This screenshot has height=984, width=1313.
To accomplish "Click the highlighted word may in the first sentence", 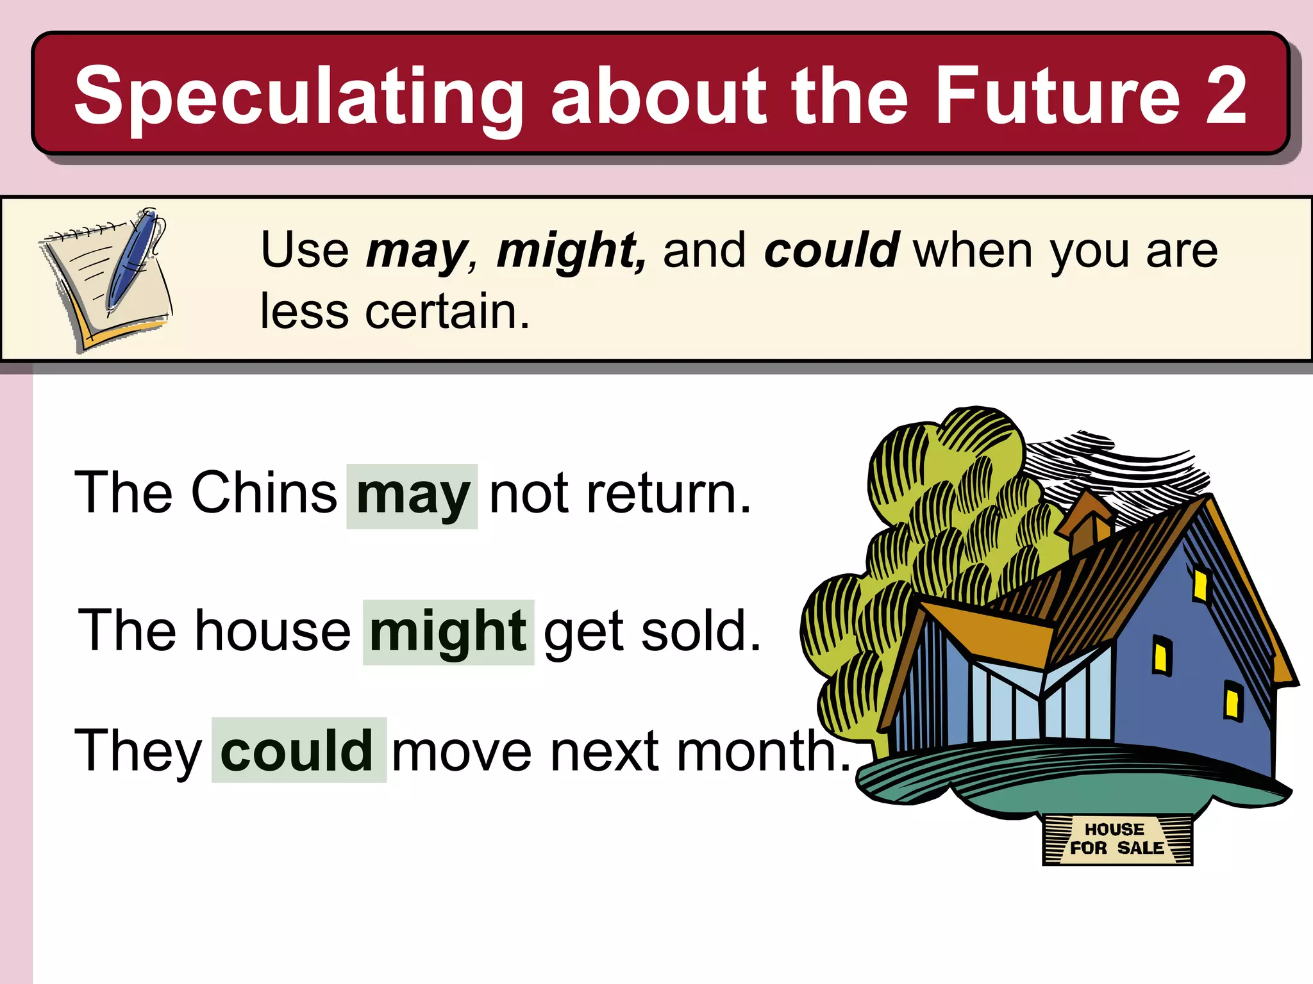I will pos(412,495).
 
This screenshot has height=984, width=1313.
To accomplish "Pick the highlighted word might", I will pos(448,632).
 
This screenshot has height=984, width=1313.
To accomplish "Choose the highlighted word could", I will pos(297,750).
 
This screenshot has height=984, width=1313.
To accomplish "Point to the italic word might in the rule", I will pos(571,251).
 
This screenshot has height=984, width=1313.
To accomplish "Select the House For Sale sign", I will pos(1117,839).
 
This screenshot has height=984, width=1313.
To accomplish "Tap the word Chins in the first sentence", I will pos(263,493).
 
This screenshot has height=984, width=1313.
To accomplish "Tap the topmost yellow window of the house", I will pos(1200,584).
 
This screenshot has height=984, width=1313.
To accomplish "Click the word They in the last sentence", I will pos(138,751).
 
